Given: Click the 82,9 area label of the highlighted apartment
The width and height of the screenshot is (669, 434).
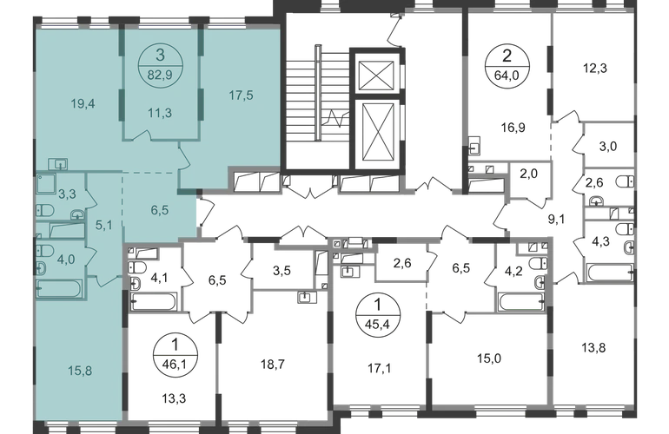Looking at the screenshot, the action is click(161, 75).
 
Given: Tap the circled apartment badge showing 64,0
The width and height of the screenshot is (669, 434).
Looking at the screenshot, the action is click(507, 65).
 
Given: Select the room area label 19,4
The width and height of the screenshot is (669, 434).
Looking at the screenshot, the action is click(83, 103).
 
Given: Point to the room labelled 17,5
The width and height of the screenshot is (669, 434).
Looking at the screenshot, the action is click(241, 95).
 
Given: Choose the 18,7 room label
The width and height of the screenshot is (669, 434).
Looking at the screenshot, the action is click(273, 364).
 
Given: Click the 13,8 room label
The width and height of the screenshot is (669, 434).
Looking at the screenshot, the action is click(593, 348).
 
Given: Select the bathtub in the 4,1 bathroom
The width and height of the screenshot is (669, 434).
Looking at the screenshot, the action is click(154, 302).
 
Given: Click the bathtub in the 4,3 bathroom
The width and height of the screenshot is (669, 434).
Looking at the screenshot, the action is click(610, 273).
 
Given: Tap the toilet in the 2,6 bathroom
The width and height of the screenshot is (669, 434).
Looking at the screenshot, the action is click(626, 182).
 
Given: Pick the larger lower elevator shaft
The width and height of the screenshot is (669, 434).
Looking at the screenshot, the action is click(375, 135).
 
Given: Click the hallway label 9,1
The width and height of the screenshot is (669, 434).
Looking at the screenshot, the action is click(557, 220).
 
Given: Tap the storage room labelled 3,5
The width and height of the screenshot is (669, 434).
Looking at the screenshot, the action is click(282, 270).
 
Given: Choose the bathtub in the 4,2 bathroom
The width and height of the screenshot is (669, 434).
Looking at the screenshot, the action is click(521, 302).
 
